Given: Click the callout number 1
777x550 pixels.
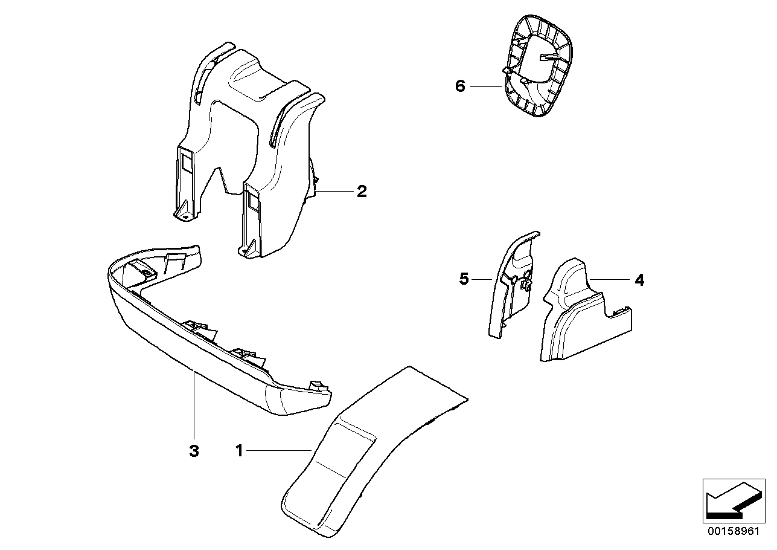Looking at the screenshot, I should tap(239, 451).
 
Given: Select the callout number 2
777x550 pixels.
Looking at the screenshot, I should tap(361, 192).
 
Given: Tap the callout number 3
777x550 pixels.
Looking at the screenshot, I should tap(193, 451).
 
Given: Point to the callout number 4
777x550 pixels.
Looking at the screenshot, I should tap(639, 280).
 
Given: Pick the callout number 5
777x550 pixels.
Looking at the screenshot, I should tap(464, 279).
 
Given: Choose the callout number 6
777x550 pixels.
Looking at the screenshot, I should tap(460, 87).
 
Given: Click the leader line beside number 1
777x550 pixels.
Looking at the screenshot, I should tap(278, 450).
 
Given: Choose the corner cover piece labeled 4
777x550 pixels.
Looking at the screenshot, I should tap(580, 320).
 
